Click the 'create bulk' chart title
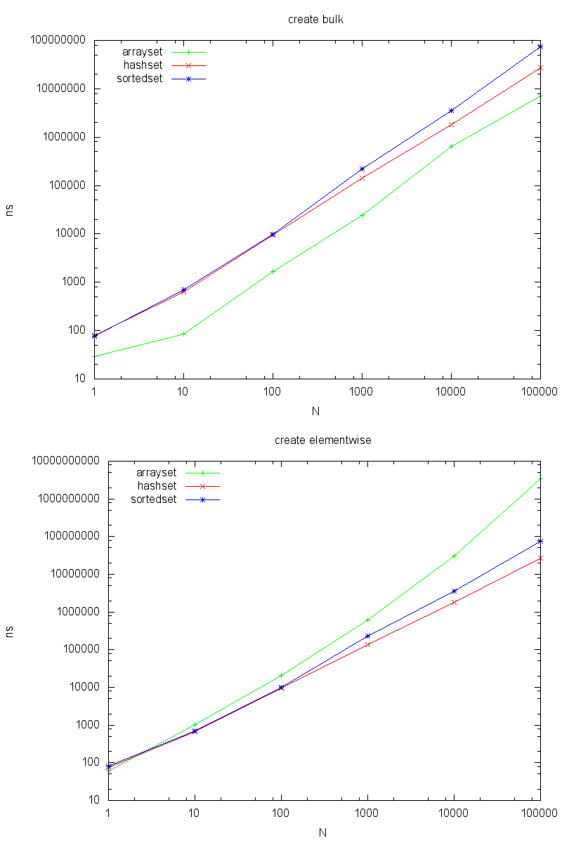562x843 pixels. coord(315,19)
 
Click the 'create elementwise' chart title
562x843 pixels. coord(322,440)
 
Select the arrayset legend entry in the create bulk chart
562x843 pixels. coord(143,52)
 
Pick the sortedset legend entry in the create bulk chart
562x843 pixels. coord(140,79)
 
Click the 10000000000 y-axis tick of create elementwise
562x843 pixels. coord(64,462)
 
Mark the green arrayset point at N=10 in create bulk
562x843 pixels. coord(183,334)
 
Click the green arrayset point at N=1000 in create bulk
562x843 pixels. coord(362,215)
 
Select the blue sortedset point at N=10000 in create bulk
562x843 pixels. coord(451,111)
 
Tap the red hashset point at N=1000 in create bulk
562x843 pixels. coord(362,178)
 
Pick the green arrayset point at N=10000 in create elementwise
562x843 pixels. coord(454,556)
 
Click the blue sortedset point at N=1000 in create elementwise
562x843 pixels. coord(367,636)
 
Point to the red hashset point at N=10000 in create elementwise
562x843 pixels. coord(454,602)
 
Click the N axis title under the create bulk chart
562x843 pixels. coord(316,411)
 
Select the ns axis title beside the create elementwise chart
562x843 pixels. coord(10,631)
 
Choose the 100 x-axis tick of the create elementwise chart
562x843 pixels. coord(281,813)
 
